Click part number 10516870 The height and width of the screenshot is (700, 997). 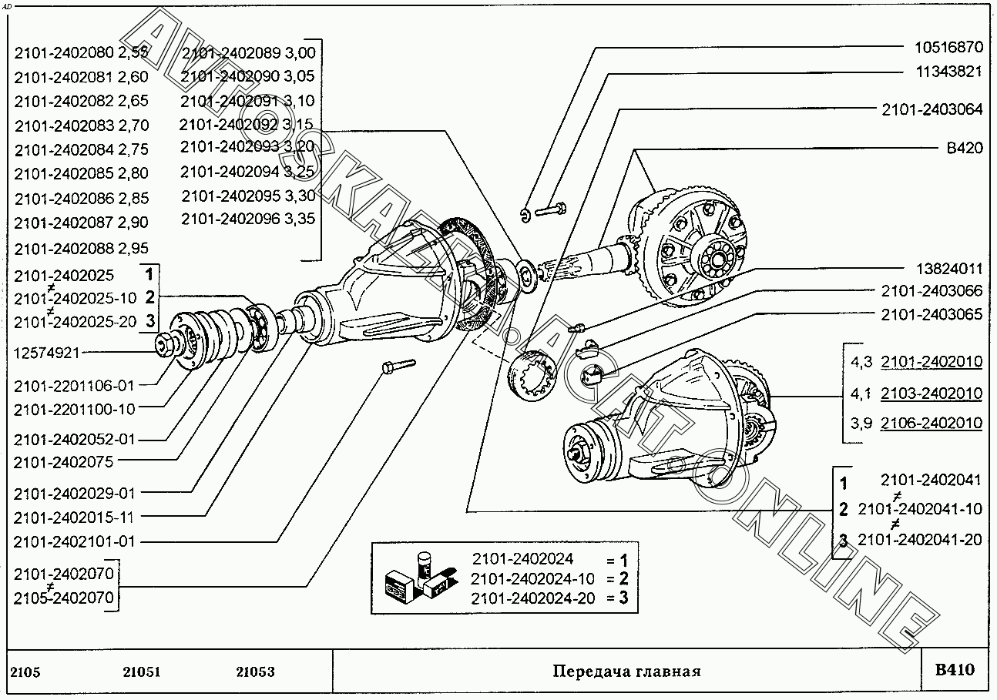pos(948,46)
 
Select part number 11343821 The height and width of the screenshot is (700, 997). pos(948,71)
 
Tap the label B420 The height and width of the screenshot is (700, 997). pos(964,148)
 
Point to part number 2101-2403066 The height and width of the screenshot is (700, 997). pos(932,291)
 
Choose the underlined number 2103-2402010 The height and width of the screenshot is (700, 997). pos(932,393)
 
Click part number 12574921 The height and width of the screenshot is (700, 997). pos(47,353)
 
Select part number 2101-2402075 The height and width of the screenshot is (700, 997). pos(63,462)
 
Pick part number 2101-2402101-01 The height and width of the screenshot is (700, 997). pos(74,541)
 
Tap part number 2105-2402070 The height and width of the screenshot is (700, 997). pos(64,597)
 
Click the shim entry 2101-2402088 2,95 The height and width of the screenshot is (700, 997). pos(81,248)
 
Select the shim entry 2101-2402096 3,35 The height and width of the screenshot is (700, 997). pos(248,219)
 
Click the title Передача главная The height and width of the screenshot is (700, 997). pos(626,671)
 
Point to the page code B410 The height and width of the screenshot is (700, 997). pos(955,669)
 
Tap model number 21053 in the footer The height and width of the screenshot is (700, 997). pos(255,672)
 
